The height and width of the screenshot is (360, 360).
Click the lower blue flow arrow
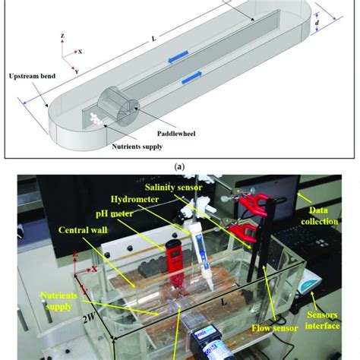click(x=193, y=73)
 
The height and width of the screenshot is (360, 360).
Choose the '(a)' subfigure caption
click(x=179, y=163)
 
